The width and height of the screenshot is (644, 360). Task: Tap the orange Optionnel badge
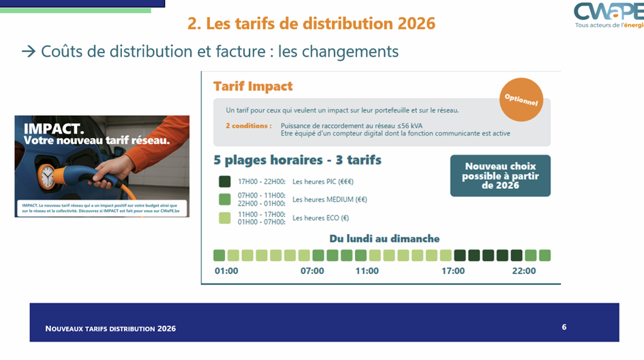pos(521,100)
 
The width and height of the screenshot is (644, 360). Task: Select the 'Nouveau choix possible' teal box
pos(500,175)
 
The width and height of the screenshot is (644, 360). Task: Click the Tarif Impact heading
pos(253,87)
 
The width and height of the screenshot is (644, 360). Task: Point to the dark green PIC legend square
pos(225,181)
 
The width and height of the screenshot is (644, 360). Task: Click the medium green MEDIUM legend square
pos(225,199)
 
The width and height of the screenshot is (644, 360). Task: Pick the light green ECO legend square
pos(225,217)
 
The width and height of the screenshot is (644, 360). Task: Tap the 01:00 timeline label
pos(226,271)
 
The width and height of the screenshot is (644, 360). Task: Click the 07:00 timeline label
pos(312,271)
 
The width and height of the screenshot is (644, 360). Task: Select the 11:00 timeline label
pos(367,271)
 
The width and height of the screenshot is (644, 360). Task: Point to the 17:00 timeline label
pos(453,271)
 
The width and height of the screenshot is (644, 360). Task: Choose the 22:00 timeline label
pos(524,271)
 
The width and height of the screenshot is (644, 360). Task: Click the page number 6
pos(564,327)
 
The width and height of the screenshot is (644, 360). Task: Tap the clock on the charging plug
pos(48,176)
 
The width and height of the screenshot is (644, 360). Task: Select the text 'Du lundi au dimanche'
pos(384,239)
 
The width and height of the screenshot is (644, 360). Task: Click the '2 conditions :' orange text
pos(248,125)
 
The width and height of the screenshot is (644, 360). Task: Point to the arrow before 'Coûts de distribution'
pos(29,52)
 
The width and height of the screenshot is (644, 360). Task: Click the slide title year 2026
pos(414,23)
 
